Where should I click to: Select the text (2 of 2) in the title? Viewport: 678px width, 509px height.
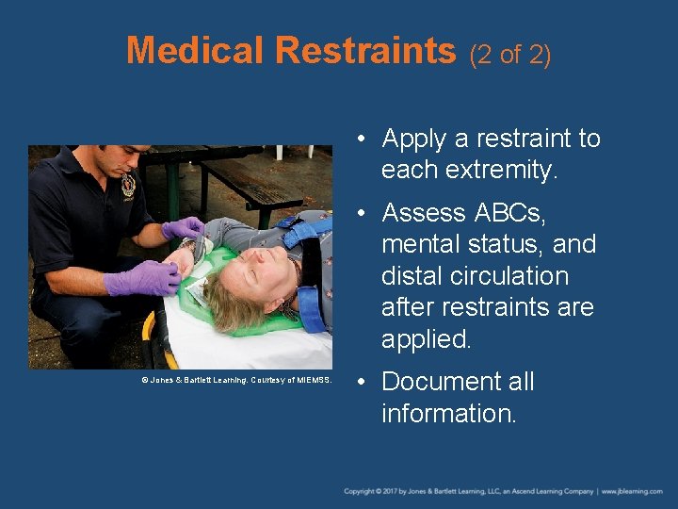point(509,54)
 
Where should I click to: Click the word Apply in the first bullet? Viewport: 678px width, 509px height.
point(413,140)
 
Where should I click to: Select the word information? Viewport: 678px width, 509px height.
point(448,413)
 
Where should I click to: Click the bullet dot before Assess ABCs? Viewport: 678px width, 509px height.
point(363,213)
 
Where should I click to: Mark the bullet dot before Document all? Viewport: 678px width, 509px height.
point(363,382)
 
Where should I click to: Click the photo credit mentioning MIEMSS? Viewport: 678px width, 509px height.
point(236,380)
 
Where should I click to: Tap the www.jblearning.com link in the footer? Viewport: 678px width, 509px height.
point(633,491)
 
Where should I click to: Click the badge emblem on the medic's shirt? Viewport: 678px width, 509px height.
point(128,185)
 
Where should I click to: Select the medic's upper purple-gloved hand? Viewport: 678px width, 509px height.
point(183,228)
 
